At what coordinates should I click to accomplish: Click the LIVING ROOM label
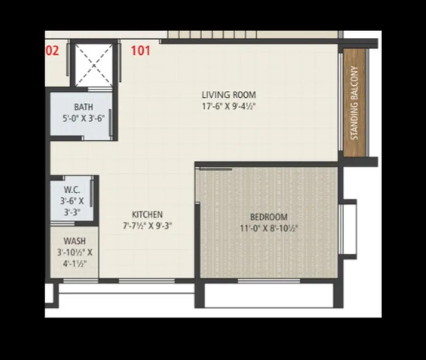tap(229, 95)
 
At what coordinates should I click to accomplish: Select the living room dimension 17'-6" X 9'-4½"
tap(229, 106)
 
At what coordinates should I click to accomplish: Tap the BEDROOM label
tap(269, 217)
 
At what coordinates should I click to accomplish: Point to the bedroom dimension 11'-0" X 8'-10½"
tap(269, 228)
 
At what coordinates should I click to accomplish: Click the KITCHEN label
tap(147, 215)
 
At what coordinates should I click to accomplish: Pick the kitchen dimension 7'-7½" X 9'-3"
tap(147, 225)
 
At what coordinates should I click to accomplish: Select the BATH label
tap(84, 107)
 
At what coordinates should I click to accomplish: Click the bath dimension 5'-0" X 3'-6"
tap(84, 117)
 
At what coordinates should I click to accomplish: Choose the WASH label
tap(74, 241)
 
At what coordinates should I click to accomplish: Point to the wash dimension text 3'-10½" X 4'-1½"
tap(74, 258)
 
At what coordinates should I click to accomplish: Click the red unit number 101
tap(141, 51)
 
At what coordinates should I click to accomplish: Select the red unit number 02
tap(52, 51)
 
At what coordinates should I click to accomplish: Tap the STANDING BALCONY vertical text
tap(355, 102)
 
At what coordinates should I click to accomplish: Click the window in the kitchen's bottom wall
tap(146, 281)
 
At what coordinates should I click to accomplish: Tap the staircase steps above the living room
tap(214, 35)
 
